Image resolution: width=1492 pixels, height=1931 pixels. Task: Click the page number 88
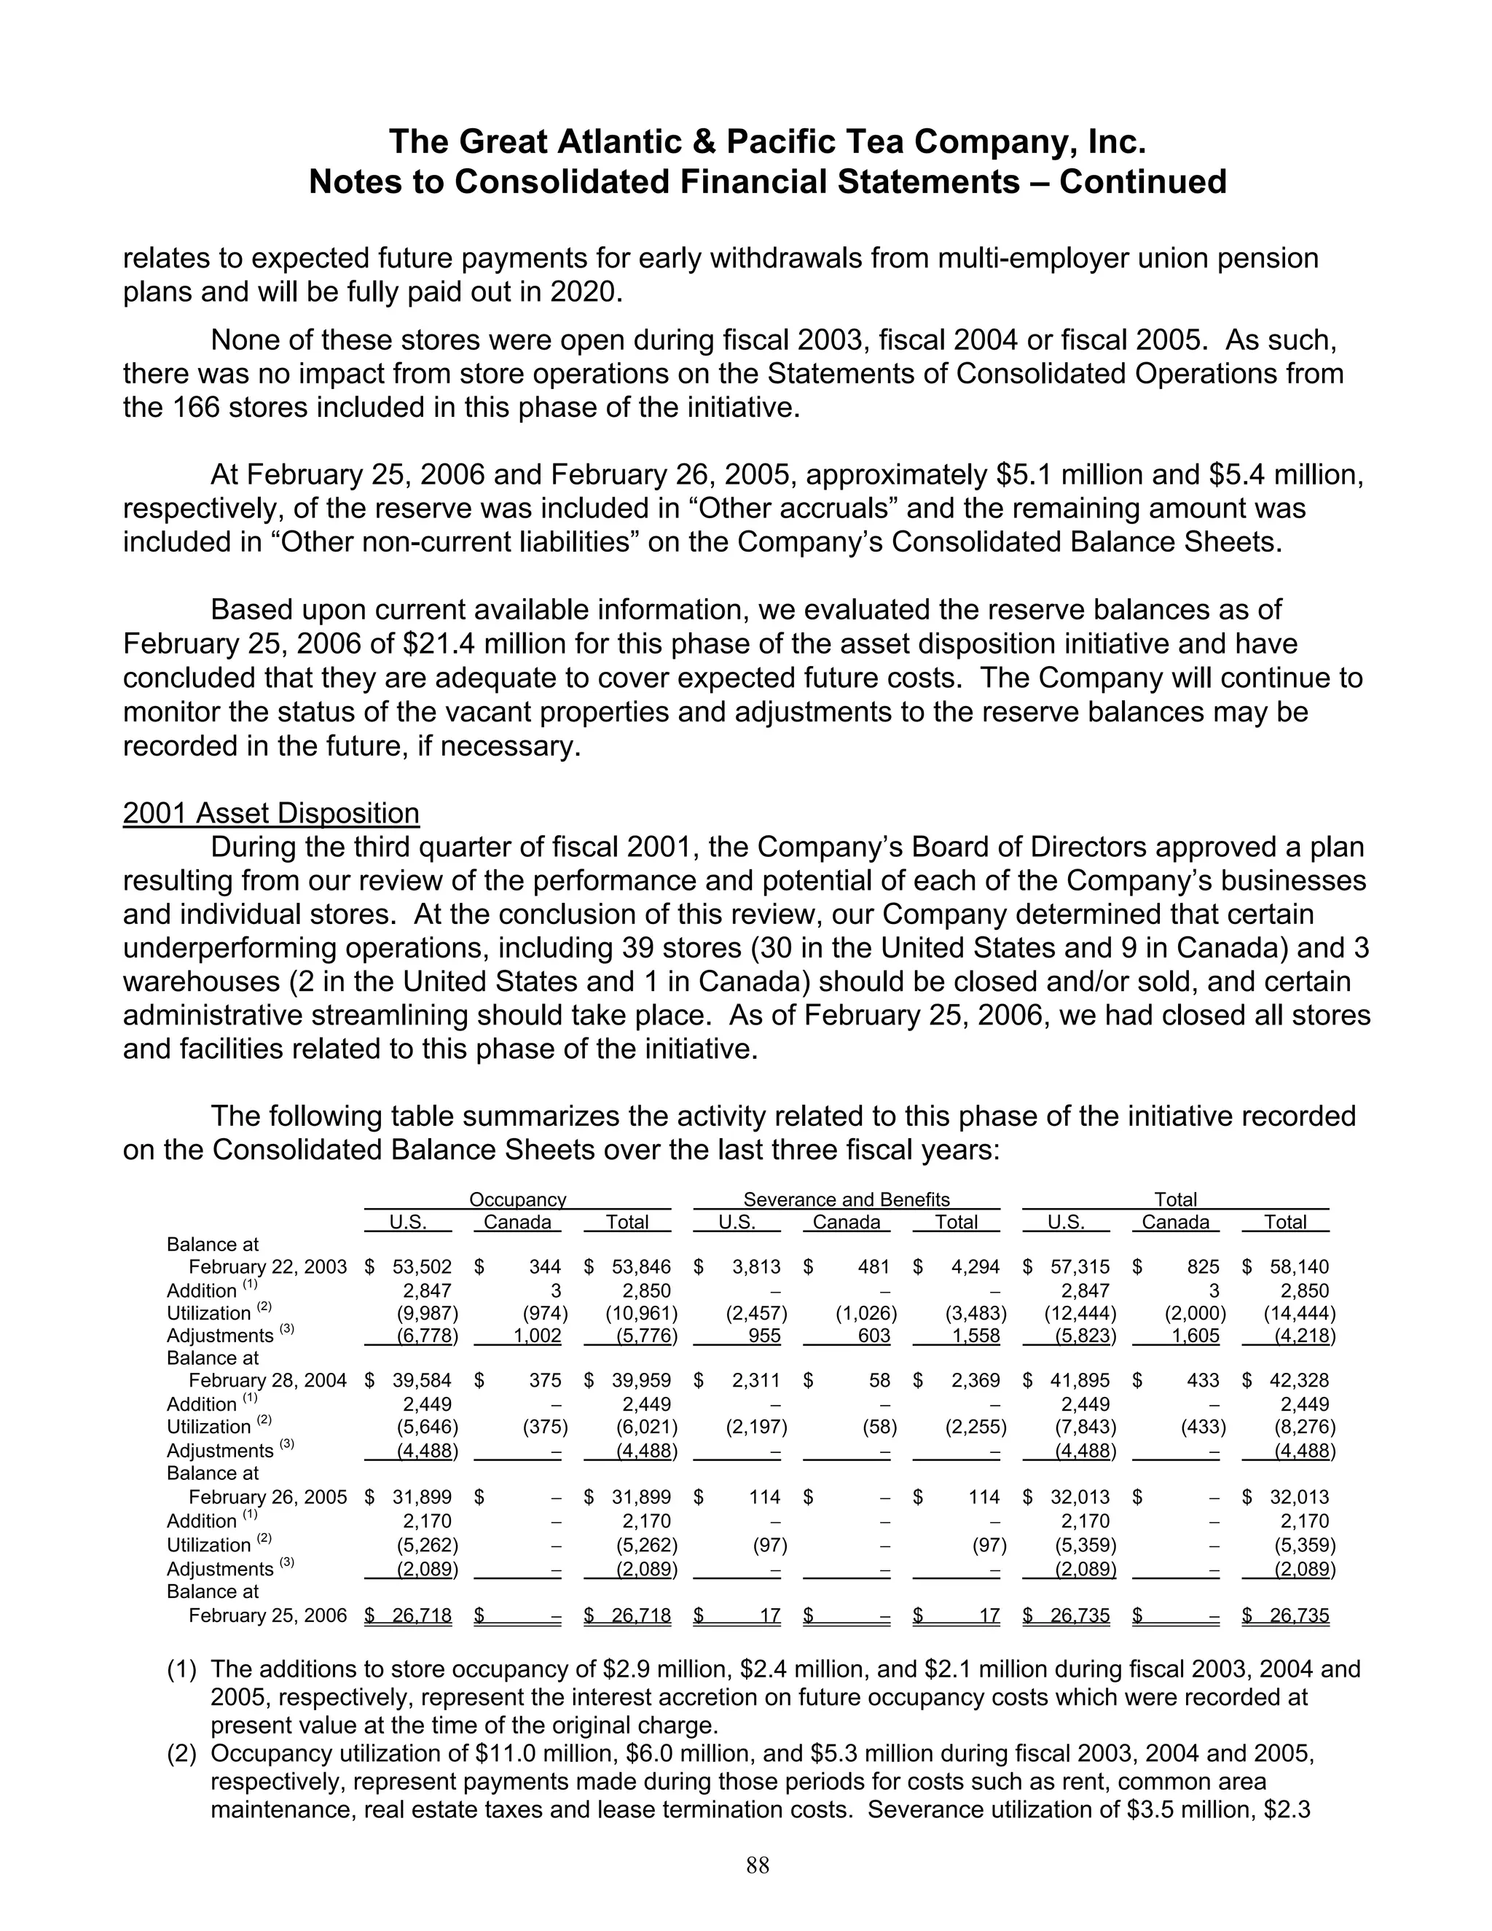click(x=758, y=1865)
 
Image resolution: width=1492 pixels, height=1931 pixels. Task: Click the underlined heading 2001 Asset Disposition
click(x=270, y=812)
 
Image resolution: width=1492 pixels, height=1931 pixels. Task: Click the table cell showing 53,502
click(x=422, y=1267)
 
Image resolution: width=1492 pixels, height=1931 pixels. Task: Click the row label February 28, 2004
click(x=267, y=1380)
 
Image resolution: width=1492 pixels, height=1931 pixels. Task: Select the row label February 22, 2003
click(x=267, y=1267)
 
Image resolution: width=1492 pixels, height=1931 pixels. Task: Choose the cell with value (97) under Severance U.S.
click(x=767, y=1545)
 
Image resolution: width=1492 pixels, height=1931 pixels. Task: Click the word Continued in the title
click(x=1143, y=181)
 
